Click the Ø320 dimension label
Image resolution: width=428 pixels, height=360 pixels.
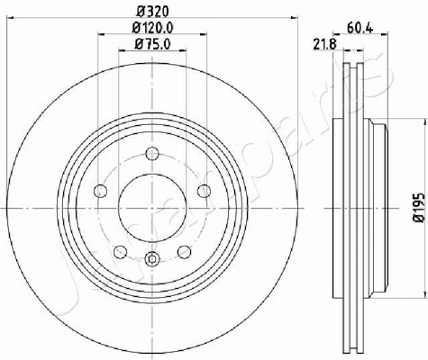152,12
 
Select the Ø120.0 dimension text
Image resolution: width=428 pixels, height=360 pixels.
152,28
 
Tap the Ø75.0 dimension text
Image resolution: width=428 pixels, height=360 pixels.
152,44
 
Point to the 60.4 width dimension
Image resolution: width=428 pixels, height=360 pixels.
360,29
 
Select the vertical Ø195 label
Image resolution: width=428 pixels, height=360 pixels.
419,208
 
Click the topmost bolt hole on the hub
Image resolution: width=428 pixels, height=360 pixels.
152,154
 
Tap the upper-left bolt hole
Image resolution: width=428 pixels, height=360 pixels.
101,191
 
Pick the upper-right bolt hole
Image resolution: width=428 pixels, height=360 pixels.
205,191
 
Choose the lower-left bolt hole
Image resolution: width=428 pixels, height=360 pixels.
121,252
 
